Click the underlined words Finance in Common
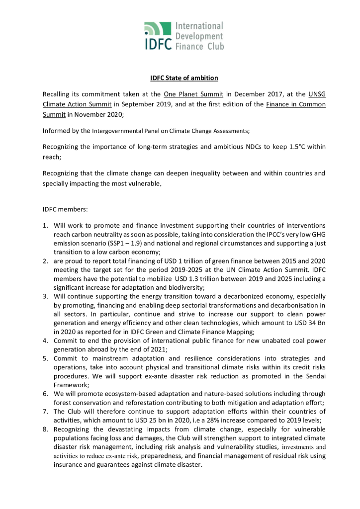click(297, 104)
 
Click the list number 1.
click(45, 226)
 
